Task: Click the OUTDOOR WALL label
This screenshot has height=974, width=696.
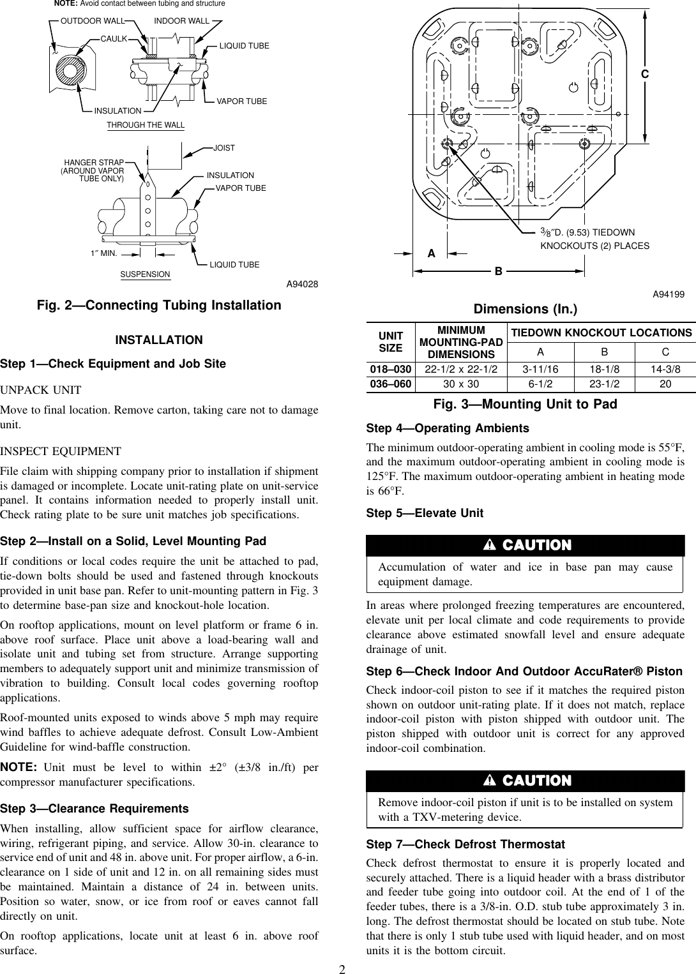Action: point(92,21)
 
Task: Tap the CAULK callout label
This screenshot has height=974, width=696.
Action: point(114,39)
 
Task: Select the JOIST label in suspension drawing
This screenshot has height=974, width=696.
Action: point(224,148)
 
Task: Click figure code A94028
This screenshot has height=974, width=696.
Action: point(302,285)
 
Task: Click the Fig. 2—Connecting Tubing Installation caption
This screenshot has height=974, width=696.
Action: point(159,305)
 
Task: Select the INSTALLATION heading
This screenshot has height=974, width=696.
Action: point(159,340)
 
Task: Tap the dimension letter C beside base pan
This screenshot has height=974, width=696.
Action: point(645,74)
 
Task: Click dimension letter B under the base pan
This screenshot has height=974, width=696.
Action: point(498,271)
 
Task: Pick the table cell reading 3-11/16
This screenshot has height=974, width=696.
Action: point(540,370)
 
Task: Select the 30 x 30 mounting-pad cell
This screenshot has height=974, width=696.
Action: point(461,385)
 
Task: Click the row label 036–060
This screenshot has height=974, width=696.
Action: point(391,385)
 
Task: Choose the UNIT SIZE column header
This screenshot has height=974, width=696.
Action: point(391,341)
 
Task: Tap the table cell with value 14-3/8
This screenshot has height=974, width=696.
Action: point(665,370)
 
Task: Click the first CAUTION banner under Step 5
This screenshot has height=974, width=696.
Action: point(526,545)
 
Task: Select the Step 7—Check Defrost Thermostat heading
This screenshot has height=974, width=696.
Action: point(465,844)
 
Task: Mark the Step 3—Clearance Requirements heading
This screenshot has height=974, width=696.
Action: point(95,809)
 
